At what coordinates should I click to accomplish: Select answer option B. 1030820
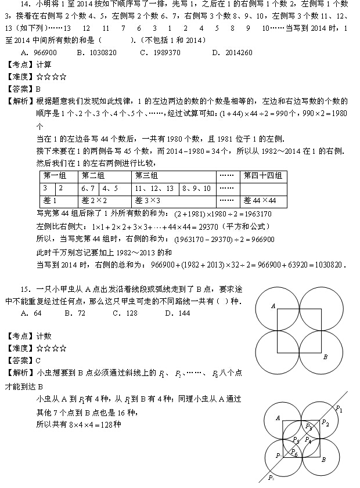click(96, 52)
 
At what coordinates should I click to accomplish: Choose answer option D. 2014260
click(232, 52)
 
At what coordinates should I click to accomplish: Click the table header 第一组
click(55, 176)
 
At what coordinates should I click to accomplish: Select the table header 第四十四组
click(263, 176)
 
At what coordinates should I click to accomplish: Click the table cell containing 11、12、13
click(154, 188)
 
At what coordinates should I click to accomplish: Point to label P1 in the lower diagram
click(339, 409)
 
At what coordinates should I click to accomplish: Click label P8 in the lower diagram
click(271, 478)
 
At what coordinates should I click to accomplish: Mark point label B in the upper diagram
click(325, 356)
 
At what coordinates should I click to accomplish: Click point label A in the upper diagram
click(272, 306)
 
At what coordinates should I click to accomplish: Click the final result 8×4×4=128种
click(93, 424)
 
